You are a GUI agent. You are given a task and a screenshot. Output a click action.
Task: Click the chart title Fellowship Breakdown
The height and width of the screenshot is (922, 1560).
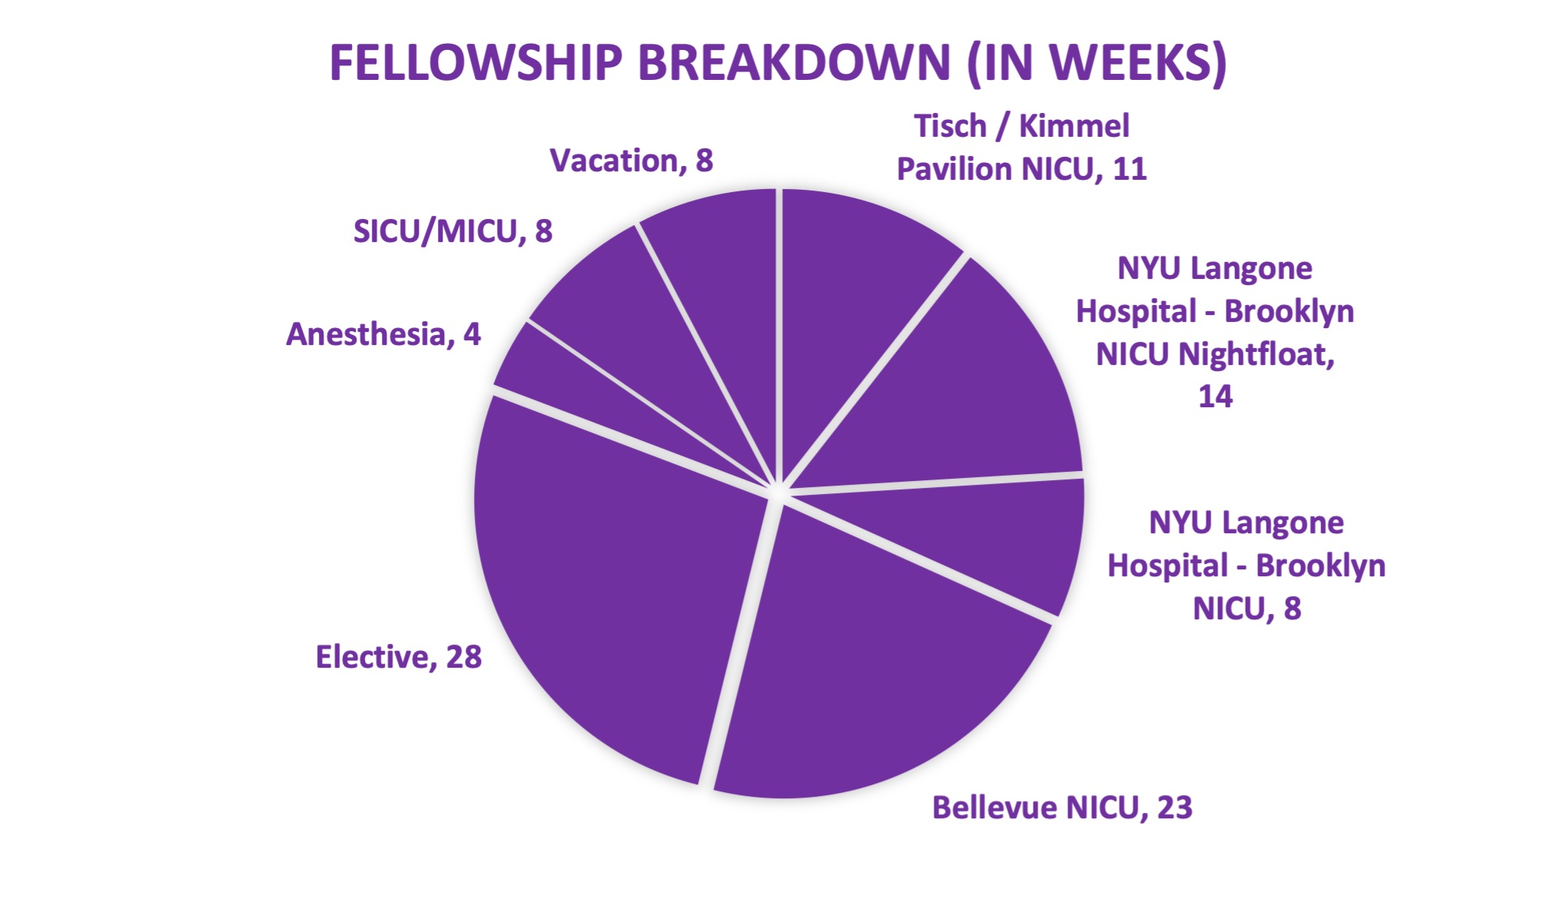pyautogui.click(x=778, y=63)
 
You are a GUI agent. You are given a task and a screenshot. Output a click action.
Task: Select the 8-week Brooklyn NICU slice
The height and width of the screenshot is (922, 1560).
pyautogui.click(x=991, y=538)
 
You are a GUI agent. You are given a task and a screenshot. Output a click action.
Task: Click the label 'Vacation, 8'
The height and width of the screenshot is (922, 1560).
pyautogui.click(x=632, y=161)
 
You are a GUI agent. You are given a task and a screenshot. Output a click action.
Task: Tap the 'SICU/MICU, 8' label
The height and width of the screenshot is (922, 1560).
pyautogui.click(x=453, y=231)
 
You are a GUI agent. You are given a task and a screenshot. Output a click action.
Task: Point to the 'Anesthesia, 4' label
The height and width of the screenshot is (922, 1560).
pyautogui.click(x=383, y=334)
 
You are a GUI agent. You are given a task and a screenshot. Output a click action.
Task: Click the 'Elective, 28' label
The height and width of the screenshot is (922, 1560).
pyautogui.click(x=399, y=657)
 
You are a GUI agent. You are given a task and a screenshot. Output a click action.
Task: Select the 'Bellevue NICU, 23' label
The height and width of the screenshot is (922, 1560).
pyautogui.click(x=1062, y=808)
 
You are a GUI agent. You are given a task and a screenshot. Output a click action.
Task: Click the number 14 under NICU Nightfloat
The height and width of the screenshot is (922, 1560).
pyautogui.click(x=1216, y=396)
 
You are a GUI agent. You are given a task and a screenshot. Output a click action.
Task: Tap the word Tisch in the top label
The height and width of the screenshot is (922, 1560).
pyautogui.click(x=950, y=126)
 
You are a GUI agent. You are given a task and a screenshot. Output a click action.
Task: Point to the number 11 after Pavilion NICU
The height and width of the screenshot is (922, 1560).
pyautogui.click(x=1129, y=169)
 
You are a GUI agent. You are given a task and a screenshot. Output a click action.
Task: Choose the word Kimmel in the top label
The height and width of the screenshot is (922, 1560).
pyautogui.click(x=1074, y=126)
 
